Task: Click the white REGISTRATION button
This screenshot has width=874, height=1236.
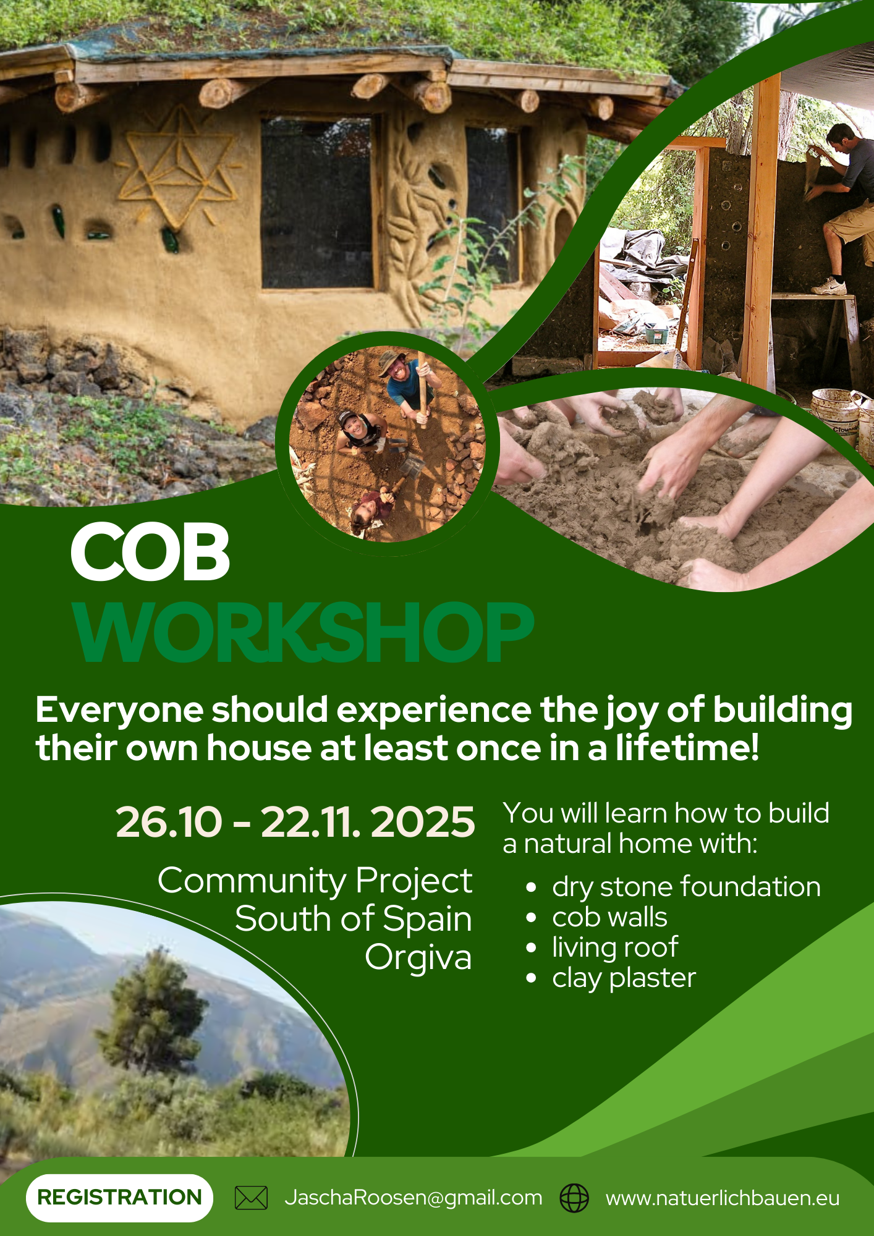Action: click(119, 1197)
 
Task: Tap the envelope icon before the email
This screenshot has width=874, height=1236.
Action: click(251, 1198)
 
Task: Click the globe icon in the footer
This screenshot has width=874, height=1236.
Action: click(574, 1198)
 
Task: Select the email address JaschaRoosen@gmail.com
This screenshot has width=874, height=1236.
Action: click(413, 1198)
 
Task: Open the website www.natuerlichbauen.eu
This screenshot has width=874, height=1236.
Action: click(723, 1198)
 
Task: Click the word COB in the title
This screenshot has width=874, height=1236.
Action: click(150, 552)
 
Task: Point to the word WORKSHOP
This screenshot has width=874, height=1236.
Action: click(303, 633)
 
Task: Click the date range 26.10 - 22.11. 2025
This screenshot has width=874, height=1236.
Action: click(295, 823)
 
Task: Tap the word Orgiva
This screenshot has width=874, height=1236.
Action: click(418, 958)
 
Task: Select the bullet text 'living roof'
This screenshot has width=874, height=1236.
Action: click(615, 947)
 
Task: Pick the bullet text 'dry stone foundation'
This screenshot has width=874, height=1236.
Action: click(686, 887)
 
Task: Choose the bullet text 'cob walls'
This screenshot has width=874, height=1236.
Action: click(609, 917)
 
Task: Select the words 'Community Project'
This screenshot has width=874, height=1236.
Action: click(315, 880)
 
